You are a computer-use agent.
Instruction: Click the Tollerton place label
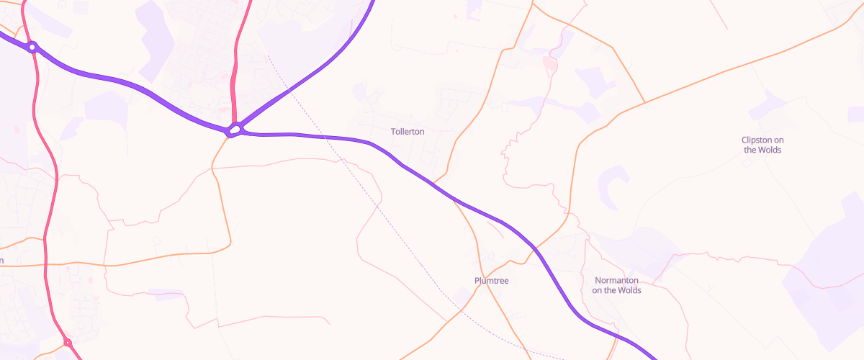pos(408,132)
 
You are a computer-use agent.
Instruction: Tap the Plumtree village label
pos(492,281)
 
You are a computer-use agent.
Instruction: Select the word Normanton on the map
pos(617,280)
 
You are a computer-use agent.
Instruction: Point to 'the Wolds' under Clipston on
pos(762,150)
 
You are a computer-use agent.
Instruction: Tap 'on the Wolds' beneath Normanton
pos(616,290)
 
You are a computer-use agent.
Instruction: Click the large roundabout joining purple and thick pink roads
pos(234,130)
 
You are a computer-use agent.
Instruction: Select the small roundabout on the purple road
pos(32,48)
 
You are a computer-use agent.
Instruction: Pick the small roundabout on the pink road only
pos(67,343)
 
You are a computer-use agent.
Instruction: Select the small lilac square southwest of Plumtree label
pos(461,294)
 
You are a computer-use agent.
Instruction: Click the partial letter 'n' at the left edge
pos(2,261)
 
